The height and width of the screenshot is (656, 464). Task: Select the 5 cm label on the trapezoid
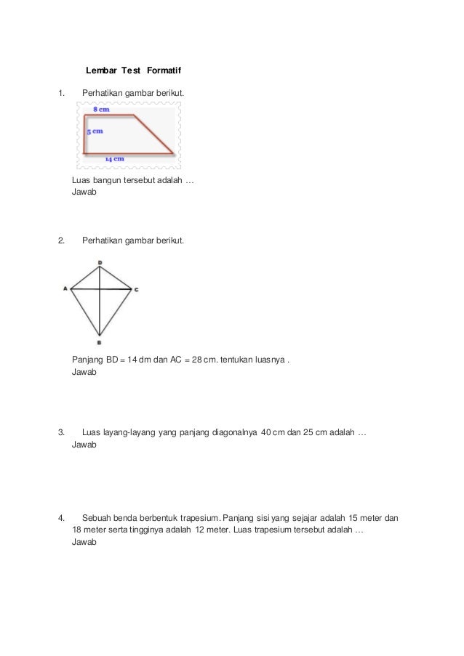coord(94,131)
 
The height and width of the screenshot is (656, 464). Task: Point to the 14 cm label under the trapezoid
coord(113,158)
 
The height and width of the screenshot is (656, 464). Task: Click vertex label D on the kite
coord(100,262)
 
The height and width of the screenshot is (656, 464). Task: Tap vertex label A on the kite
coord(65,288)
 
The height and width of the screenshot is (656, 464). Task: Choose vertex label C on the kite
coord(136,289)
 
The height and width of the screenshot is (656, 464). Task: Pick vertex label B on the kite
coord(100,342)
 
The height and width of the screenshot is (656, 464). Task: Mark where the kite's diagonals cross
coord(100,289)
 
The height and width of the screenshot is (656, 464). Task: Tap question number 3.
coord(61,433)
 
